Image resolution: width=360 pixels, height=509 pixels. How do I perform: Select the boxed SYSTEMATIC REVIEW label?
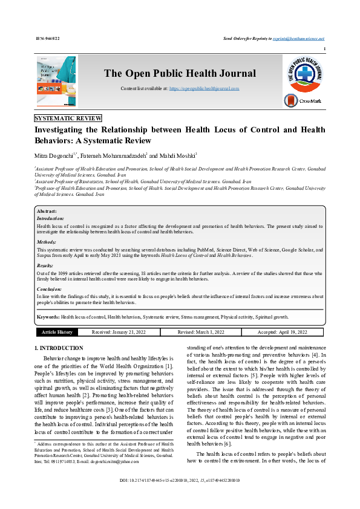68,118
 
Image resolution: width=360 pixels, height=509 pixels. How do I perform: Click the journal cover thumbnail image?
57,79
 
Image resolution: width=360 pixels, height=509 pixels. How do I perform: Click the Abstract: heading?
47,211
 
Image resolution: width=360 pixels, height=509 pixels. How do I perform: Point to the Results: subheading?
45,265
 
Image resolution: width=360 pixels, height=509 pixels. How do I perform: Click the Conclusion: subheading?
49,289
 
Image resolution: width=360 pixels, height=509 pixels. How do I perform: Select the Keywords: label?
48,317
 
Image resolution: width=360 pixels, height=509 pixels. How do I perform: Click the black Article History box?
57,332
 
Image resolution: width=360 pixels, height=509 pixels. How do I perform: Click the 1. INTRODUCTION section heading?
59,349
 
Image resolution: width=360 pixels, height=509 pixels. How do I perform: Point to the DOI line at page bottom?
180,498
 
